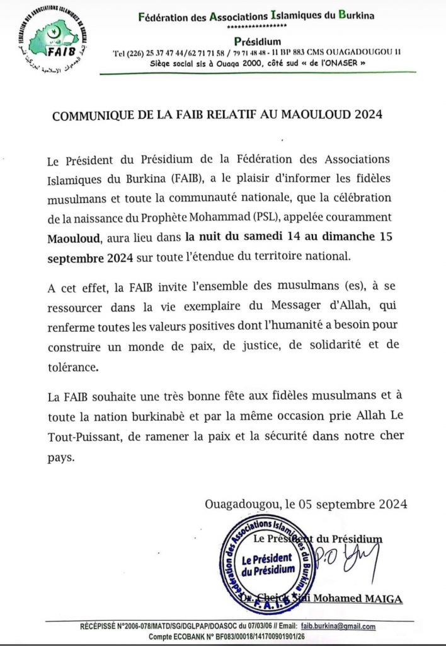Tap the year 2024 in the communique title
[364, 115]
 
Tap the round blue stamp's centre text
[267, 564]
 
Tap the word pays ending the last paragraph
[61, 458]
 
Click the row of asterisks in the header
[255, 28]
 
